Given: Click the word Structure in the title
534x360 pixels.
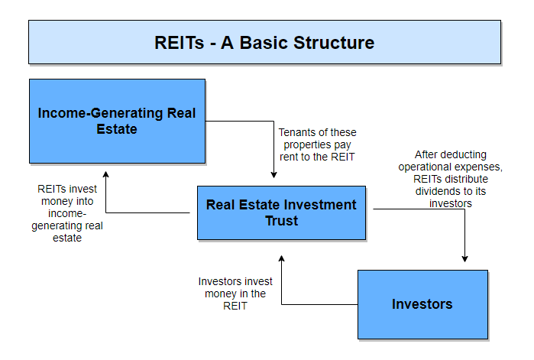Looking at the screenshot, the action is coord(334,43).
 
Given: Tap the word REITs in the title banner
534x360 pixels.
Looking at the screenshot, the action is coord(179,43).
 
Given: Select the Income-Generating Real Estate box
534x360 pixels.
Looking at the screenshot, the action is coord(117,122).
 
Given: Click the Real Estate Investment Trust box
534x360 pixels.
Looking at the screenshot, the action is coord(281,213).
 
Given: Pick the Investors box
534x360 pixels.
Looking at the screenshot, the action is coord(422,304).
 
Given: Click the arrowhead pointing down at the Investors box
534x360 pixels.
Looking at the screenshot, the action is coord(464,259).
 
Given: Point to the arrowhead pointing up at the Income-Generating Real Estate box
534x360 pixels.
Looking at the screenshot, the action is coord(106,174).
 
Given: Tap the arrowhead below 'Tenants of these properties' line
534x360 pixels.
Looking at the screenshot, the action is coord(273,175).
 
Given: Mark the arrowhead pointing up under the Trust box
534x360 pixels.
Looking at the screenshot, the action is coord(281,258).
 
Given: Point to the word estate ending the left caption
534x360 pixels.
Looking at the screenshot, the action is coord(67,238).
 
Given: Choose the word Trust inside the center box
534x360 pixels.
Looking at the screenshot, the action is coord(282,221).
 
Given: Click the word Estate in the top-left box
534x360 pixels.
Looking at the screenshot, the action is coord(117,129).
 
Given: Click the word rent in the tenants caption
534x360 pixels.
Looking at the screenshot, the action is coord(287,157).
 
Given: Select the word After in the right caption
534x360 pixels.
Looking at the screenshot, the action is coord(426,154).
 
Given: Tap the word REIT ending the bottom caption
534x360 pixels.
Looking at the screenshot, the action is coord(235,306).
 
